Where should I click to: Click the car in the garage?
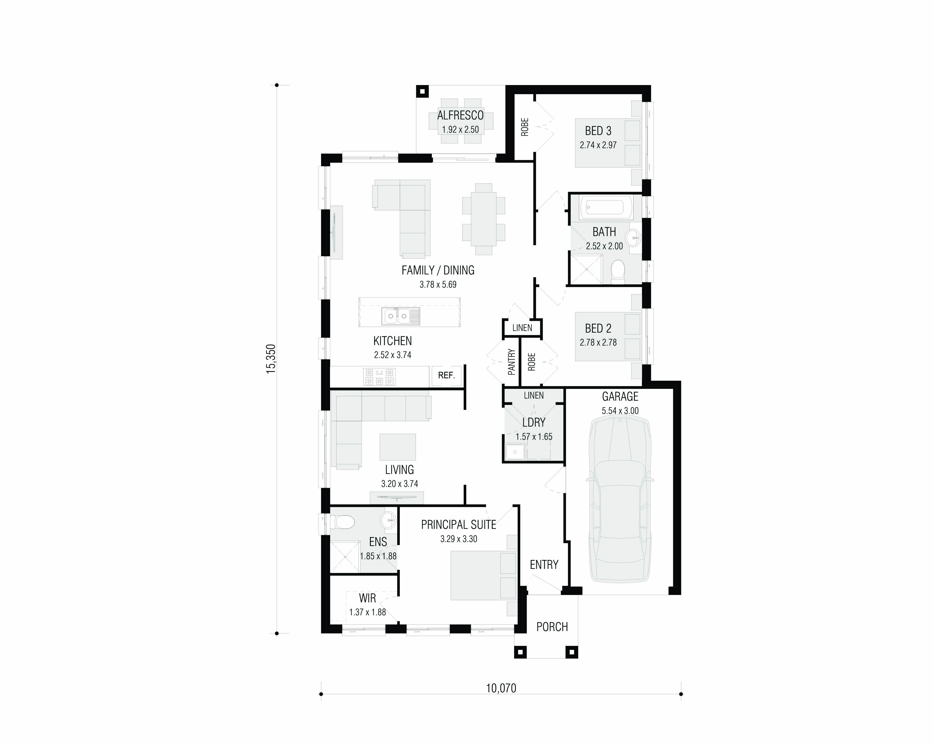coord(620,500)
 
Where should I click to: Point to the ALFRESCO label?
coord(460,115)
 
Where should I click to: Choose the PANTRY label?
coord(512,362)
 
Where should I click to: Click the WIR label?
coord(367,599)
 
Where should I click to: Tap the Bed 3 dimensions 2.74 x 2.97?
coord(598,145)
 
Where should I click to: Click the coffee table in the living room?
coord(398,447)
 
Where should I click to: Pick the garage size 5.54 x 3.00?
coord(620,411)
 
